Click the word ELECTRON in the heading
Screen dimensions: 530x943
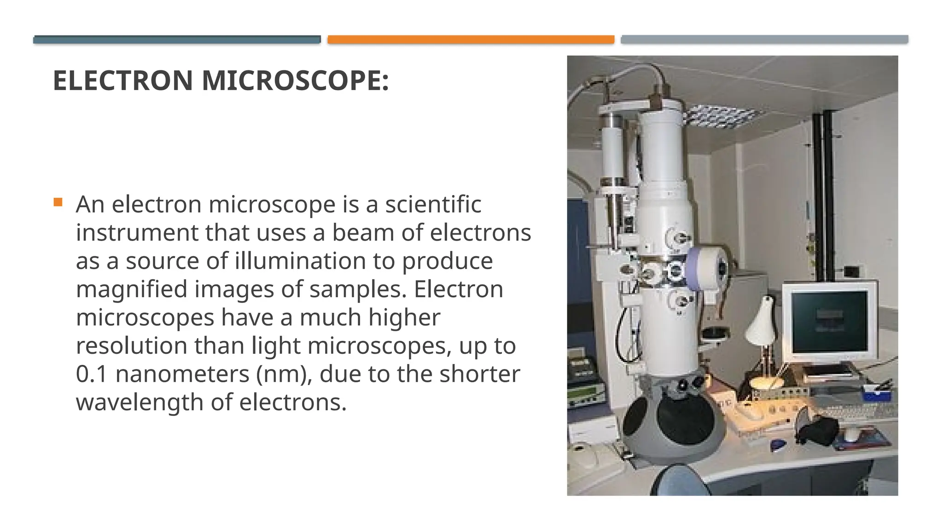pyautogui.click(x=122, y=81)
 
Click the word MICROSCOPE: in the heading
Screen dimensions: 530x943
pyautogui.click(x=295, y=81)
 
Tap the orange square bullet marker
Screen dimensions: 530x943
pyautogui.click(x=58, y=202)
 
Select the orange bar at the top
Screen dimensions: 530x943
pyautogui.click(x=471, y=40)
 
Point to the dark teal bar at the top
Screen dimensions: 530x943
pyautogui.click(x=177, y=40)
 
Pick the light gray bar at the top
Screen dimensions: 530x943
pyautogui.click(x=764, y=40)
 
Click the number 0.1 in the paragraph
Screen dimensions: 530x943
pyautogui.click(x=92, y=374)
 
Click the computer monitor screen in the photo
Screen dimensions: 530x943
pyautogui.click(x=829, y=321)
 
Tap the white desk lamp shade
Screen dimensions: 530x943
pyautogui.click(x=762, y=323)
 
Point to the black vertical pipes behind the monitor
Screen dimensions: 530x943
pyautogui.click(x=822, y=193)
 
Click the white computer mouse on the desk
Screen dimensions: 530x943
pyautogui.click(x=851, y=433)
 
